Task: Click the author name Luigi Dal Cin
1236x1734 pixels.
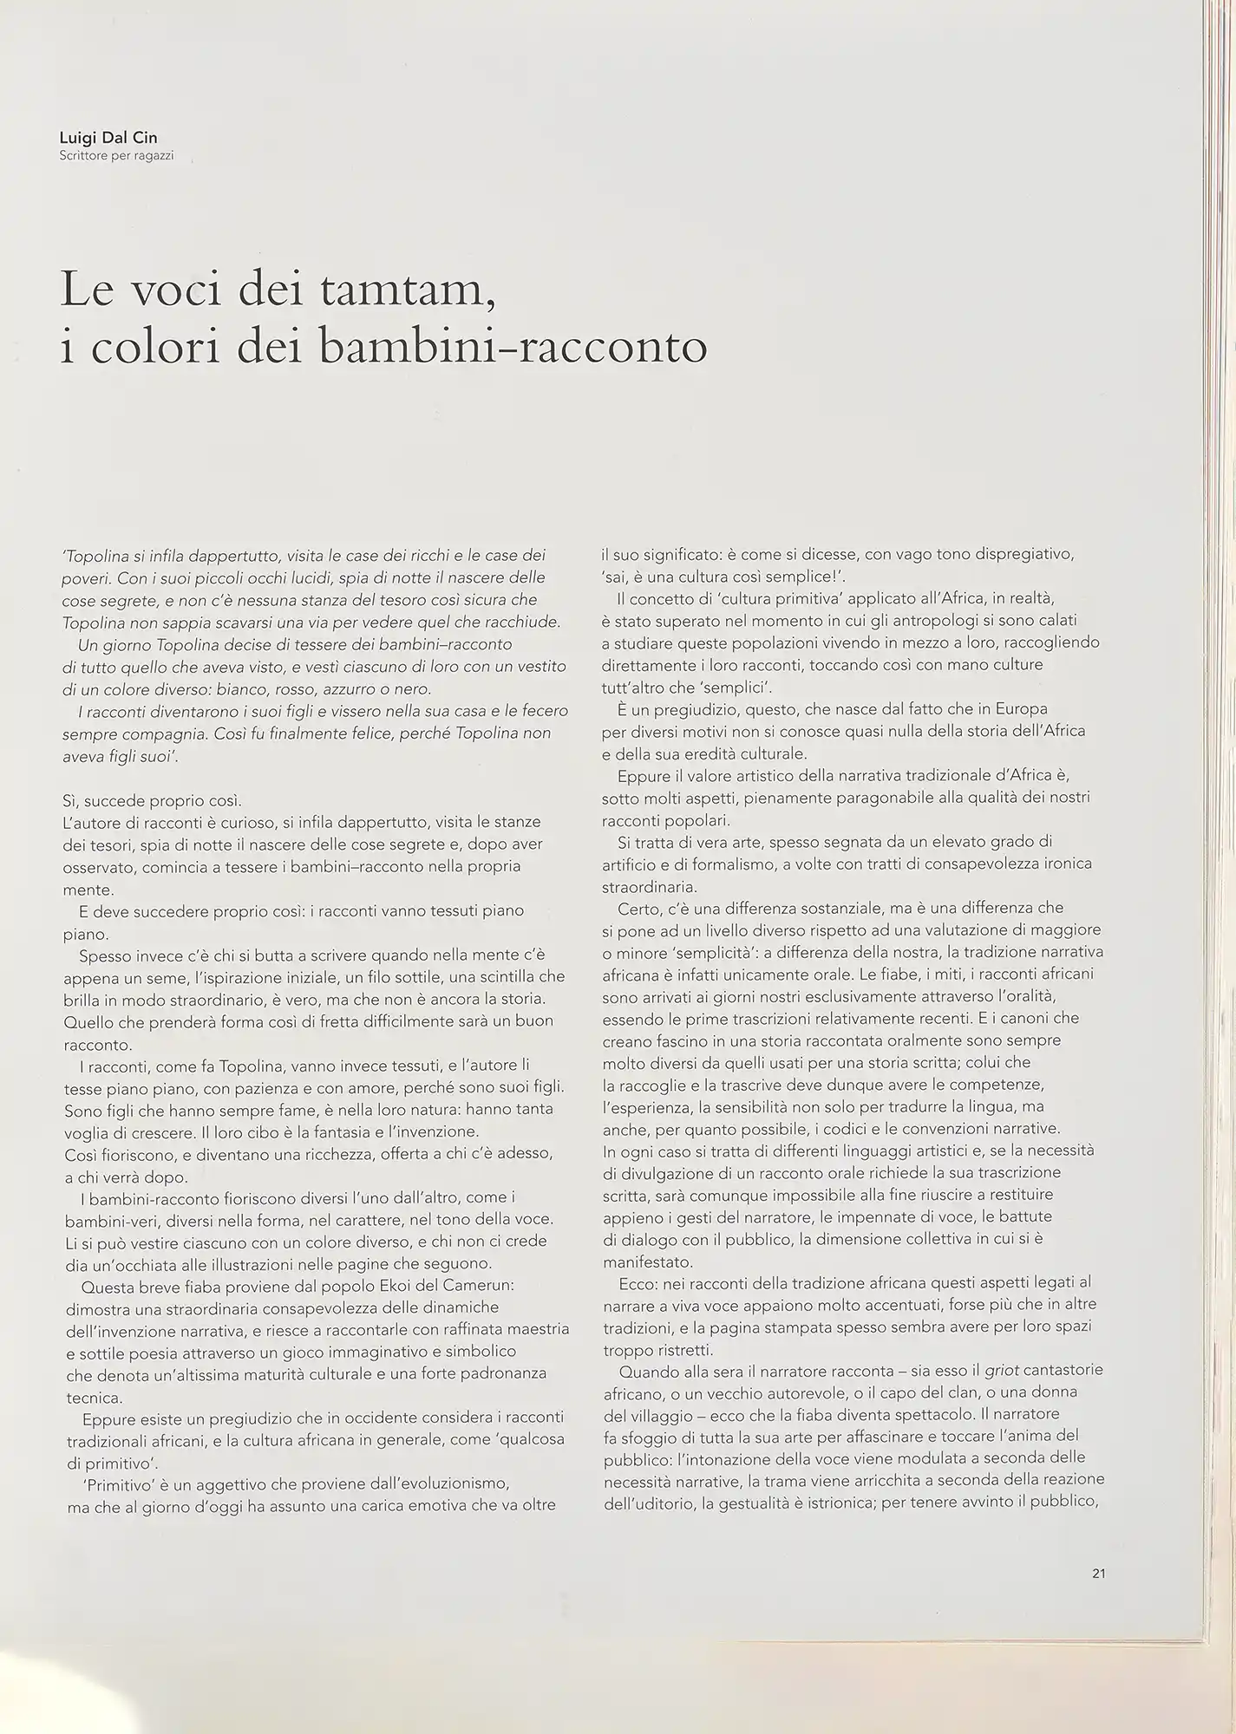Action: coord(108,139)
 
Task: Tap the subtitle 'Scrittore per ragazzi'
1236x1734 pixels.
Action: coord(116,157)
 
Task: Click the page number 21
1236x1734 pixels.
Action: coord(1098,1574)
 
